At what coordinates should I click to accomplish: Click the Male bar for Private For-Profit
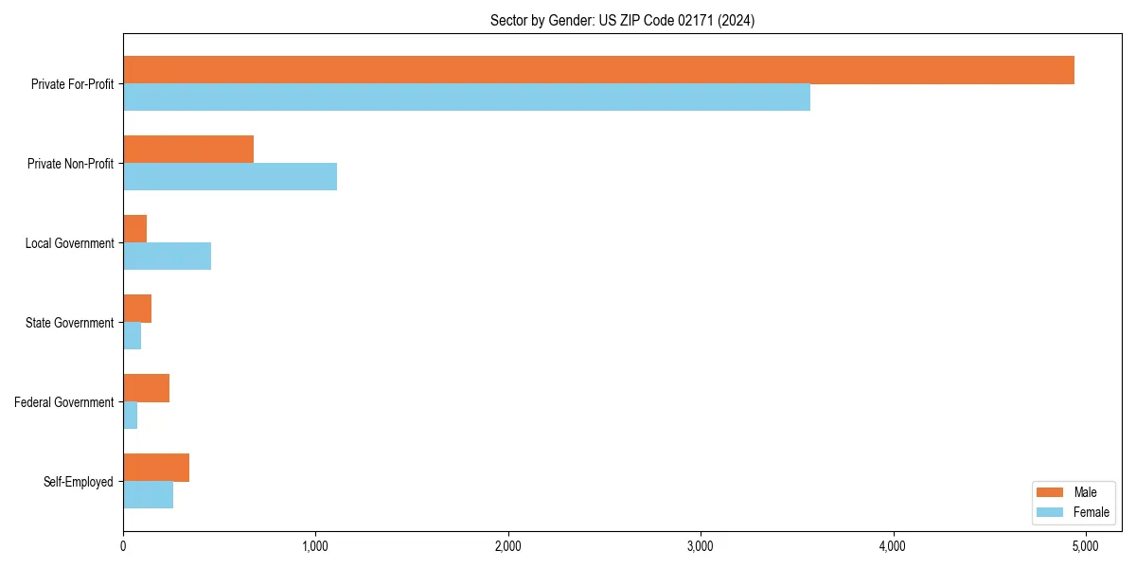tap(598, 70)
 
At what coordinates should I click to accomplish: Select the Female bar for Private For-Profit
tap(467, 98)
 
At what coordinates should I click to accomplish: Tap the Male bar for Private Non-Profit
tap(188, 150)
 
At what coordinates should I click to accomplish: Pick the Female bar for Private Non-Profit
tap(230, 177)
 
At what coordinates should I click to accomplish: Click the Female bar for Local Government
tap(167, 257)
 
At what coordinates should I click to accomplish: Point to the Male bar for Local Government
tap(134, 229)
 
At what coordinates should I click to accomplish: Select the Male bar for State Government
tap(137, 309)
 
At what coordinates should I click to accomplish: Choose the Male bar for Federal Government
tap(146, 388)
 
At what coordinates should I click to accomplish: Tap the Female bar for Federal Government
tap(130, 416)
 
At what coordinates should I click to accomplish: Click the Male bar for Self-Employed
tap(156, 468)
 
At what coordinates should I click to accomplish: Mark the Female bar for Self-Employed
tap(148, 495)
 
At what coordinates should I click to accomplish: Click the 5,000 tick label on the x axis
tap(1085, 546)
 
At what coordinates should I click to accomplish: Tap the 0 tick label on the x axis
tap(123, 546)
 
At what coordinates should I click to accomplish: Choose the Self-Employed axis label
tap(78, 482)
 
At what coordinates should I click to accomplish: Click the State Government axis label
tap(69, 323)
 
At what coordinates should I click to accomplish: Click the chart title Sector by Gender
tap(622, 20)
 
